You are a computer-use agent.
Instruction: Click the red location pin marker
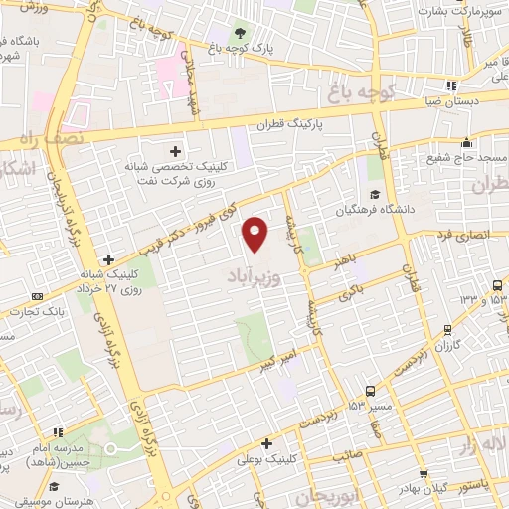(256, 233)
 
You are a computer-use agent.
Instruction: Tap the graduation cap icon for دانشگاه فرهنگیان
(375, 194)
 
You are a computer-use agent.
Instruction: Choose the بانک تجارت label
(32, 311)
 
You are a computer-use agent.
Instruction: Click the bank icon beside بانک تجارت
(38, 295)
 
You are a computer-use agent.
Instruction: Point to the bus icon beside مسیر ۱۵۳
(370, 391)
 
